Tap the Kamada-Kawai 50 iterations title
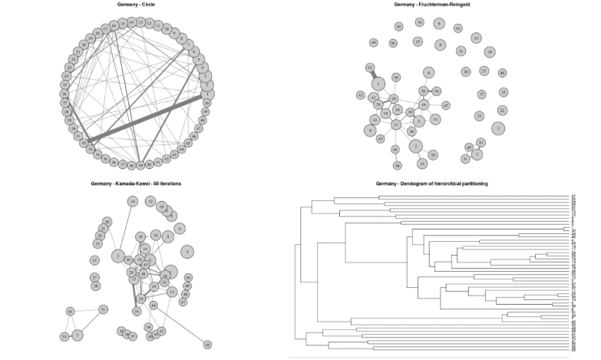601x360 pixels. click(x=136, y=184)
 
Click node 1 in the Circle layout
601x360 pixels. click(x=209, y=94)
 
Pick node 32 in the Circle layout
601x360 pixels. click(x=84, y=143)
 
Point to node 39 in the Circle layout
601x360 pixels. click(x=140, y=165)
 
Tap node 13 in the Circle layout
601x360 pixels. click(x=140, y=23)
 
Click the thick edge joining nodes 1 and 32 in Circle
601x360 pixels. click(x=146, y=118)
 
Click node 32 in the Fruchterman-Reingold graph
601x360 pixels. click(x=370, y=68)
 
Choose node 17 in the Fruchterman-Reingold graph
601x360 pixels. click(x=396, y=124)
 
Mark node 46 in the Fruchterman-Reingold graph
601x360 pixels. click(x=398, y=165)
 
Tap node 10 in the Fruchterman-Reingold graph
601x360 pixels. click(x=489, y=52)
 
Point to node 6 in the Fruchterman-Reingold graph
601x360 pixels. click(x=428, y=72)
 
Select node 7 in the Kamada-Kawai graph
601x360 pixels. click(x=78, y=335)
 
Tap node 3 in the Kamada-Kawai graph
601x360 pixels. click(x=187, y=251)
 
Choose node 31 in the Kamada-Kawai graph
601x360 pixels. click(x=103, y=309)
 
